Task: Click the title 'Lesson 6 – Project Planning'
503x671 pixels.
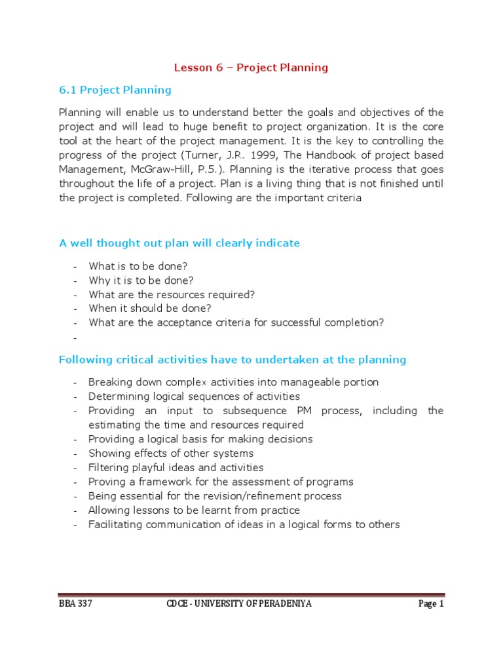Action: pos(251,67)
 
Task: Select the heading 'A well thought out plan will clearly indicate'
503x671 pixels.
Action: pos(179,243)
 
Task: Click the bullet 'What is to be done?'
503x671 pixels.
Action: pos(138,266)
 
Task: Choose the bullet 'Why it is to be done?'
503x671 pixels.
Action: pos(141,280)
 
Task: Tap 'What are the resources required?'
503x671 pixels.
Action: pos(172,294)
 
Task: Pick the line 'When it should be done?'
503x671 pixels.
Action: pos(150,308)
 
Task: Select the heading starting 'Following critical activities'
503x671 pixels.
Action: pos(233,360)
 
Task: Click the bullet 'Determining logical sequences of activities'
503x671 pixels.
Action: pos(194,396)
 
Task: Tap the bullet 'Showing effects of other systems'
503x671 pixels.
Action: pos(171,453)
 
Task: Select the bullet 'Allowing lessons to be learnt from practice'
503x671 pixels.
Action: pos(194,510)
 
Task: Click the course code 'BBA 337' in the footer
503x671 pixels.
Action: pos(75,604)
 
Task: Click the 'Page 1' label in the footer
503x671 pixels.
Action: pos(431,604)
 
